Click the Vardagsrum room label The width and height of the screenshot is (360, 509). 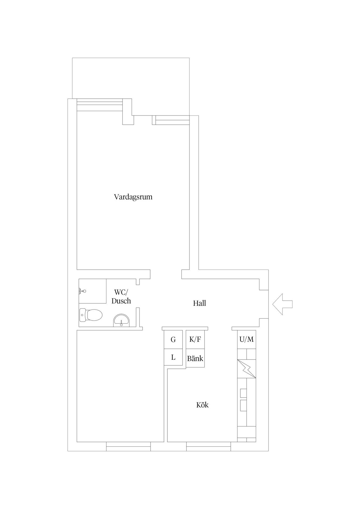point(133,197)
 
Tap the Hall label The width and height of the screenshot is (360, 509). point(199,303)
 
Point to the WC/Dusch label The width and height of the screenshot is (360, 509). point(121,297)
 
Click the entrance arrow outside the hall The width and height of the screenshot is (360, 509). point(282,304)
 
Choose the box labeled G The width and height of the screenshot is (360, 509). point(173,340)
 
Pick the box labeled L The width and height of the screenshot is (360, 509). point(173,357)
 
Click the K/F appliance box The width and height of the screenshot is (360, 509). point(195,339)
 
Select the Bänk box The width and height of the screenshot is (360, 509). point(195,359)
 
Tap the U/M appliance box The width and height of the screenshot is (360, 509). point(246,339)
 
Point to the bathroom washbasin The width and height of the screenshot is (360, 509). point(122,320)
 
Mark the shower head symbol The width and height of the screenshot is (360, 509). point(83,291)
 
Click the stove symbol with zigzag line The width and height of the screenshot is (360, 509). point(247,369)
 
